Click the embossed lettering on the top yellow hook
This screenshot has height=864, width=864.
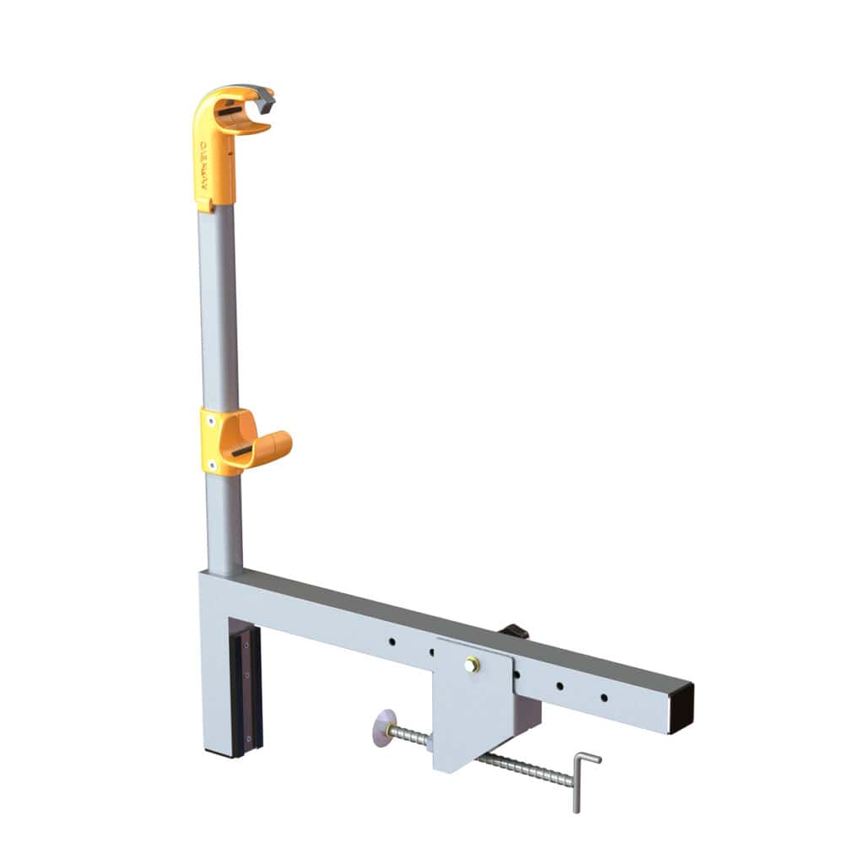coord(203,160)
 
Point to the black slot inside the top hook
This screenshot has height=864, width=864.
coord(229,111)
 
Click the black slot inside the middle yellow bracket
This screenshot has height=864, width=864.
coord(241,452)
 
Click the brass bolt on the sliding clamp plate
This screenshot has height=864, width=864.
coord(471,665)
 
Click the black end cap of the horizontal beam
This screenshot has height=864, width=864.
coord(681,708)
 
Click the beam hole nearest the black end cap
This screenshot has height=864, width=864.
coord(603,698)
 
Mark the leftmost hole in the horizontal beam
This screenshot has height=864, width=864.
coord(392,642)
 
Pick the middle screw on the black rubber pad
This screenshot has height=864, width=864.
coord(246,675)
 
